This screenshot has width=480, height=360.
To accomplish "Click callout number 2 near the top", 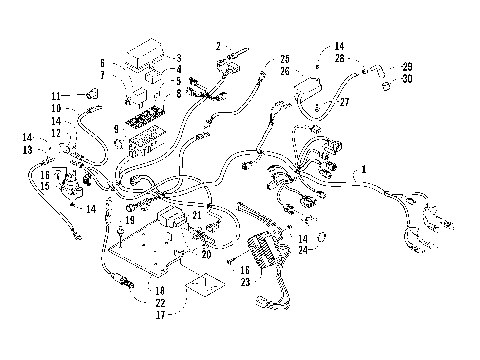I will [217, 47].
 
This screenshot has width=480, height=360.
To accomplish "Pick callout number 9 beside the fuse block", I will [116, 129].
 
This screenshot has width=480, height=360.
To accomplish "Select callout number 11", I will [55, 95].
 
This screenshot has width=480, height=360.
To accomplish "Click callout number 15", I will [44, 186].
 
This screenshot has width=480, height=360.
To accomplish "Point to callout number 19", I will [130, 219].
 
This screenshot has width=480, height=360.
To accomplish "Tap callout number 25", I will [284, 59].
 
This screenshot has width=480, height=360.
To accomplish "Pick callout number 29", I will [406, 66].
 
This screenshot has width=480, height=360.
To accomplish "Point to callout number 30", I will [406, 78].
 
